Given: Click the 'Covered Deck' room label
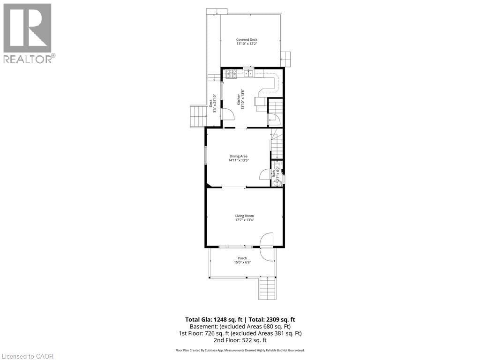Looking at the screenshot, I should pos(247,40).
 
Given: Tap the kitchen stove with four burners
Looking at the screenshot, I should pos(231,73).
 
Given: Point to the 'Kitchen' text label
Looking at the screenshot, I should pos(239,99).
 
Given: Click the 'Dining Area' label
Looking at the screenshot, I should pos(238,156).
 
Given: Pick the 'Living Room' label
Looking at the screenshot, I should pos(244,216).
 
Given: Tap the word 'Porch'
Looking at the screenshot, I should pos(242,258).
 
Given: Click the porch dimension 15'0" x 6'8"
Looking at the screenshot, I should pos(242,262).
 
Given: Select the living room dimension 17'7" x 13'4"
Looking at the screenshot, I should pos(244,220).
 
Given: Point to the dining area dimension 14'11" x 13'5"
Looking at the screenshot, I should pos(238,160).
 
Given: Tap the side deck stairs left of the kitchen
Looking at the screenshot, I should pos(197,116).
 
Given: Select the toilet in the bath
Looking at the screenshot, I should pos(277,183).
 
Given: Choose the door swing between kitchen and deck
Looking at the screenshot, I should pos(226,114).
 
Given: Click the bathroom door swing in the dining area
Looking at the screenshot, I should pos(265,174).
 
